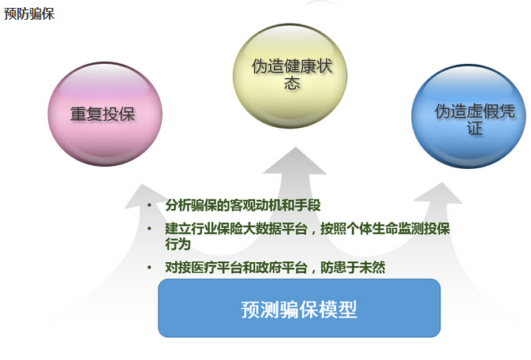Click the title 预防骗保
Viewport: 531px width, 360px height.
[x=29, y=14]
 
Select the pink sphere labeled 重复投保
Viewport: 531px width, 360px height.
[x=105, y=114]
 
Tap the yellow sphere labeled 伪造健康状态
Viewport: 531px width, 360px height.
[x=290, y=76]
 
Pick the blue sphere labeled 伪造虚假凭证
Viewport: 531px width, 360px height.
[x=469, y=116]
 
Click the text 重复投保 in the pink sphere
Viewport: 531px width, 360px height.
[x=103, y=114]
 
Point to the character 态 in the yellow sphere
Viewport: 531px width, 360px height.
[x=292, y=83]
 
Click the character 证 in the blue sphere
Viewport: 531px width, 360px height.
[x=475, y=128]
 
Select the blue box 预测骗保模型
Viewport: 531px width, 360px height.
[x=299, y=308]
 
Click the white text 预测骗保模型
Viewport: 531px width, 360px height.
[x=299, y=309]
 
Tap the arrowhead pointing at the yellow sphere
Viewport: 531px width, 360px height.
[x=295, y=161]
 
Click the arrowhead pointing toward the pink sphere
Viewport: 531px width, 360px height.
[x=144, y=196]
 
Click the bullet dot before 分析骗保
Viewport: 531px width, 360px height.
[x=149, y=205]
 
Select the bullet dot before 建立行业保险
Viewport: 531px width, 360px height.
[x=149, y=229]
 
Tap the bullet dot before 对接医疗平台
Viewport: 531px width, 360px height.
[x=149, y=268]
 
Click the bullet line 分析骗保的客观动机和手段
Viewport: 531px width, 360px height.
[x=243, y=205]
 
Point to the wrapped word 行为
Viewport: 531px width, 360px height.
[x=178, y=244]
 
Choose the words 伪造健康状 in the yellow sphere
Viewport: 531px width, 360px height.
[x=292, y=66]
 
